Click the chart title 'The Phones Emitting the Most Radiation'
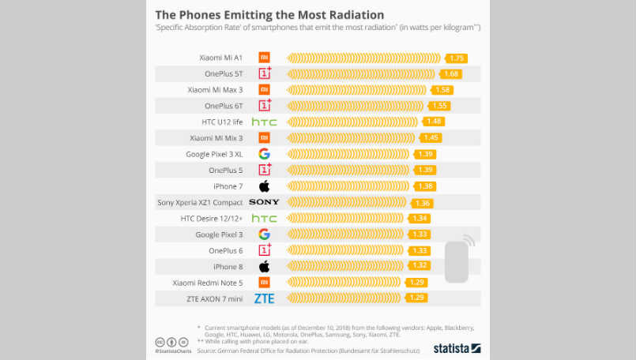pos(269,14)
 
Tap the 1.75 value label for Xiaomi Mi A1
pos(457,58)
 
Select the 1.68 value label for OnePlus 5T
pos(451,73)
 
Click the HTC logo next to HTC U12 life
pos(264,122)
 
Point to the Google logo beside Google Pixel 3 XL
pos(264,154)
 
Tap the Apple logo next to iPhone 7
pos(264,186)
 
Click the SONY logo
pos(264,202)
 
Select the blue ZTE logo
pos(264,298)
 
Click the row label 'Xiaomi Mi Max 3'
pos(215,90)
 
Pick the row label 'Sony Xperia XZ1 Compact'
pos(200,202)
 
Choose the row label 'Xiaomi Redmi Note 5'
pos(209,283)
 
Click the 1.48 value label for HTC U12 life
pos(434,122)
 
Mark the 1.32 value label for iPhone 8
pos(420,266)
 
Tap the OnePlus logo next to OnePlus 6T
pos(264,105)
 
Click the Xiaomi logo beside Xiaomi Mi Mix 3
pos(264,137)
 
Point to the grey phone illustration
pos(457,261)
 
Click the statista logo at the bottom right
pos(457,347)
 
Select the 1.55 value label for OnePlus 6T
pos(440,105)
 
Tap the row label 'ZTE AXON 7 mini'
pos(214,298)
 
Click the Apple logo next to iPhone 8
pos(264,266)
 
